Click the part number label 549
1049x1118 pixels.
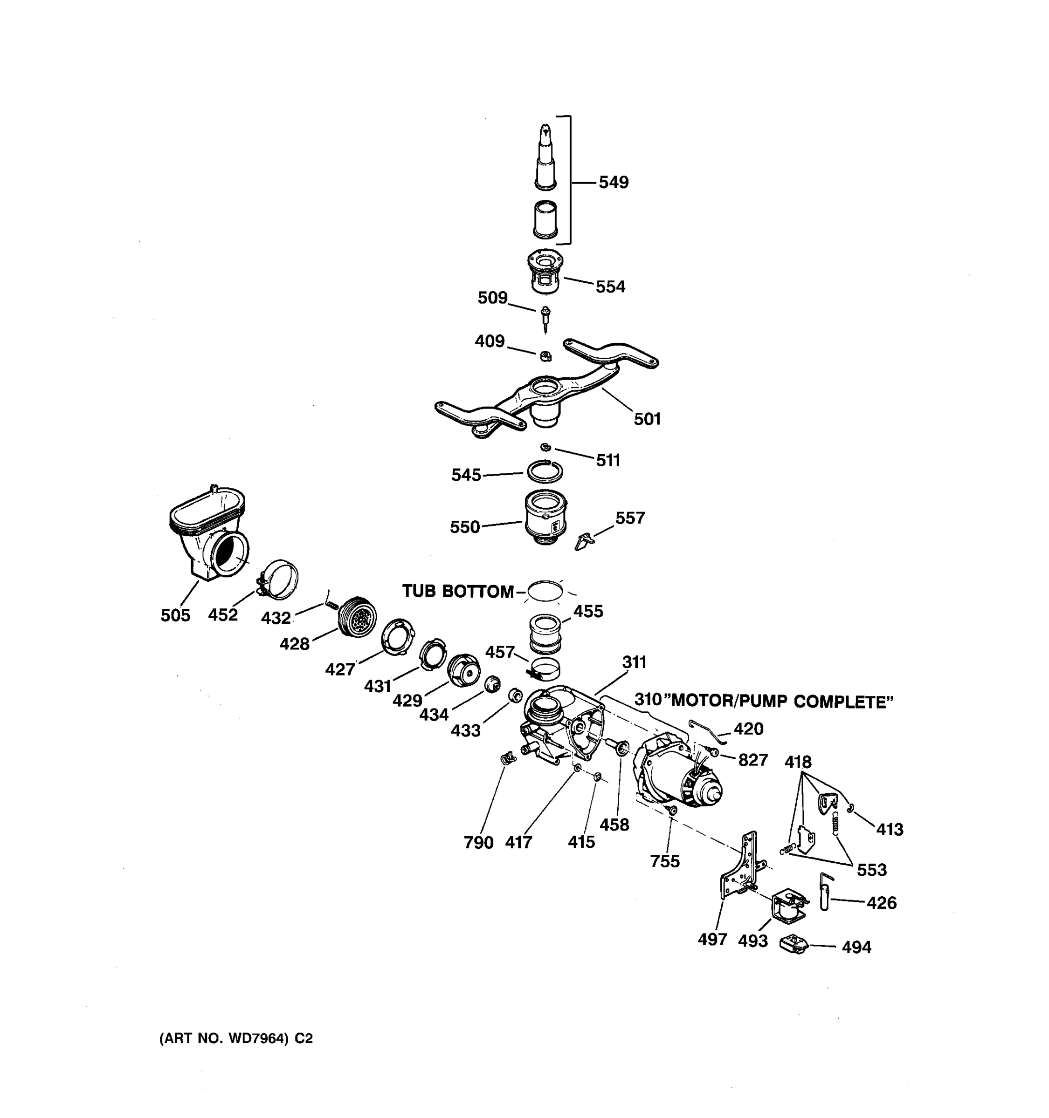point(614,182)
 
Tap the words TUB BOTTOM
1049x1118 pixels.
point(457,592)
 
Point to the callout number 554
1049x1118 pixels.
point(611,287)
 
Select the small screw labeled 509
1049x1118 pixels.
point(545,318)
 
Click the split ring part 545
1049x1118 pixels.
point(545,471)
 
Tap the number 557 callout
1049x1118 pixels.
point(630,518)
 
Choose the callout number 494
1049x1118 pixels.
point(856,948)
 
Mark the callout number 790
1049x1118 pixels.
point(478,842)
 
